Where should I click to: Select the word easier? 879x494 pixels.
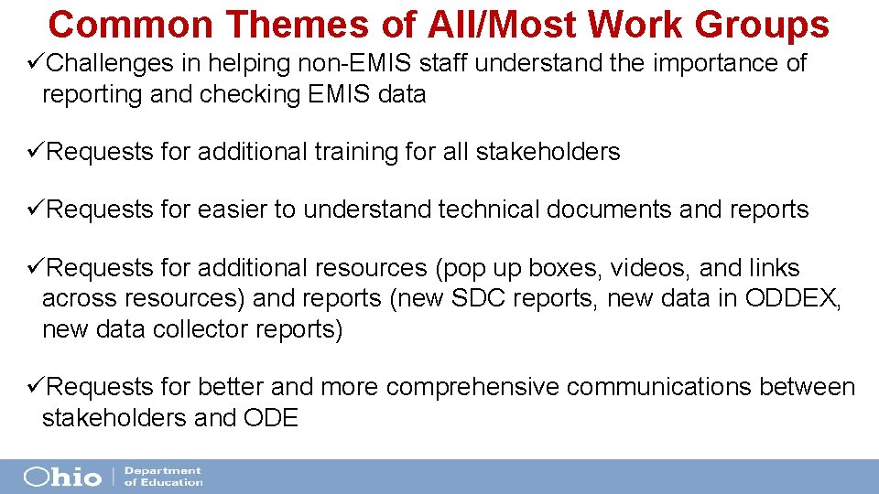pos(228,209)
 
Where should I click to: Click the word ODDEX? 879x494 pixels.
pos(799,298)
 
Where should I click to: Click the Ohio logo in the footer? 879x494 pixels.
pos(62,477)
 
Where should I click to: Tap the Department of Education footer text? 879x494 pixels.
pos(163,477)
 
